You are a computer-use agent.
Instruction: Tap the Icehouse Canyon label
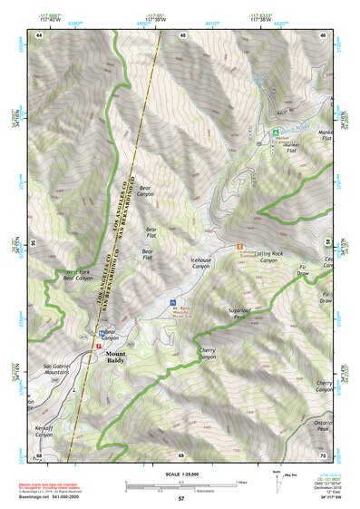point(200,264)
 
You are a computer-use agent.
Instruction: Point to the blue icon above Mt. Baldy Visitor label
point(172,302)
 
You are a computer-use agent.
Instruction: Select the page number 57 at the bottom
point(181,499)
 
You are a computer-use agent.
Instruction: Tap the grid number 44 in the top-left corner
point(40,34)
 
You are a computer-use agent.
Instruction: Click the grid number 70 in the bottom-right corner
point(324,455)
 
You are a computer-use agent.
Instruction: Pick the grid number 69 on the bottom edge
point(181,455)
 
